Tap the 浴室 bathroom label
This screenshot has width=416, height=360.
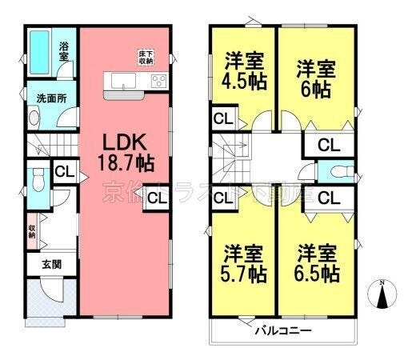pyautogui.click(x=63, y=51)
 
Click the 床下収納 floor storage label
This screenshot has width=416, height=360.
pyautogui.click(x=145, y=57)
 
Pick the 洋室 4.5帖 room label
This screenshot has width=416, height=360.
pyautogui.click(x=243, y=70)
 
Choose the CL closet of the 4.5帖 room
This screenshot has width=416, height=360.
pyautogui.click(x=223, y=120)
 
